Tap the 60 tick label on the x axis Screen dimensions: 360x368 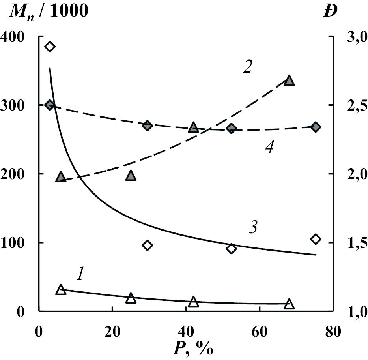pos(259,331)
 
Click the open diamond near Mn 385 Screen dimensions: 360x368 pos(50,47)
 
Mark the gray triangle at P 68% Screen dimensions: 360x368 pos(289,81)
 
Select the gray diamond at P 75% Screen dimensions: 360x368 pos(316,127)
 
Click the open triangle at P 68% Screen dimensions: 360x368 pos(289,304)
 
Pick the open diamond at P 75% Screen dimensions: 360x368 pos(316,239)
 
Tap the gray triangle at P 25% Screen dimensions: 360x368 pos(131,176)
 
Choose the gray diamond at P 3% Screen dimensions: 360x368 pos(50,105)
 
